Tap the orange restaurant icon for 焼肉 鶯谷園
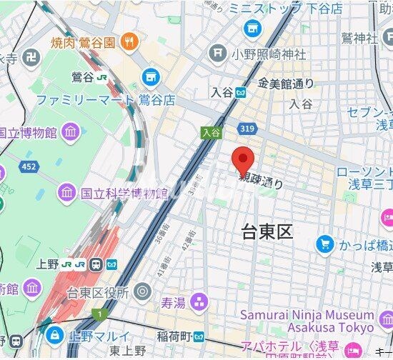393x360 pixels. coord(129,41)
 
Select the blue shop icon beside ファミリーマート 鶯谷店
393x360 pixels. coord(150,76)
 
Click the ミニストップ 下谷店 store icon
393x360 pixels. coord(252,28)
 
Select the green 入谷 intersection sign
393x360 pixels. coord(209,132)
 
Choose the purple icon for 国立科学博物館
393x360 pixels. coord(67,192)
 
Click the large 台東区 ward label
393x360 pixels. coord(267,231)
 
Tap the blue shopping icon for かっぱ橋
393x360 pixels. coord(325,244)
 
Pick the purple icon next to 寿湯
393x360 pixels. coord(198,302)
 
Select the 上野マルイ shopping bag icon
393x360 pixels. coord(54,334)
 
